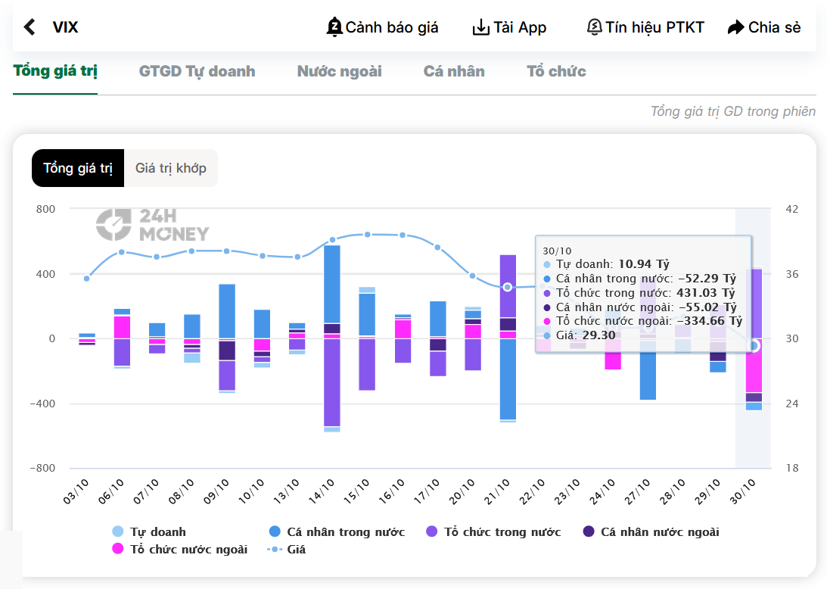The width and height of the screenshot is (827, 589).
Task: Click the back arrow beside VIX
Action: tap(30, 27)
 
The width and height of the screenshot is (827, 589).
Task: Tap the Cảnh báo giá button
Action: tap(383, 27)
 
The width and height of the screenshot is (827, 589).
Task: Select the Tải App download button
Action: tap(509, 27)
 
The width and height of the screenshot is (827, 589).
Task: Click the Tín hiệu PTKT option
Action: tap(645, 27)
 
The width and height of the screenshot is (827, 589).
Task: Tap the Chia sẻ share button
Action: tap(763, 27)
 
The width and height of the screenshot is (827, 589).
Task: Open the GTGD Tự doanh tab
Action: tap(197, 71)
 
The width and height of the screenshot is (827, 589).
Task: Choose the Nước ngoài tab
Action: tap(339, 71)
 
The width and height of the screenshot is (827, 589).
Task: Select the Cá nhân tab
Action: tap(454, 71)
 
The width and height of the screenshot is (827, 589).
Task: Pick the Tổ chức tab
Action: tap(556, 71)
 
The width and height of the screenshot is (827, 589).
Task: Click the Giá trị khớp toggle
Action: tap(171, 168)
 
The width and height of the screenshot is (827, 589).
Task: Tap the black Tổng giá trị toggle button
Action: tap(78, 168)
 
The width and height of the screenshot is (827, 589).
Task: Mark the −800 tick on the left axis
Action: tap(42, 468)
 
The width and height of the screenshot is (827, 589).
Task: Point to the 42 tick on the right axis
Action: tap(791, 209)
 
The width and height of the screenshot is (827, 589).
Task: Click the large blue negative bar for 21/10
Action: tap(507, 379)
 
